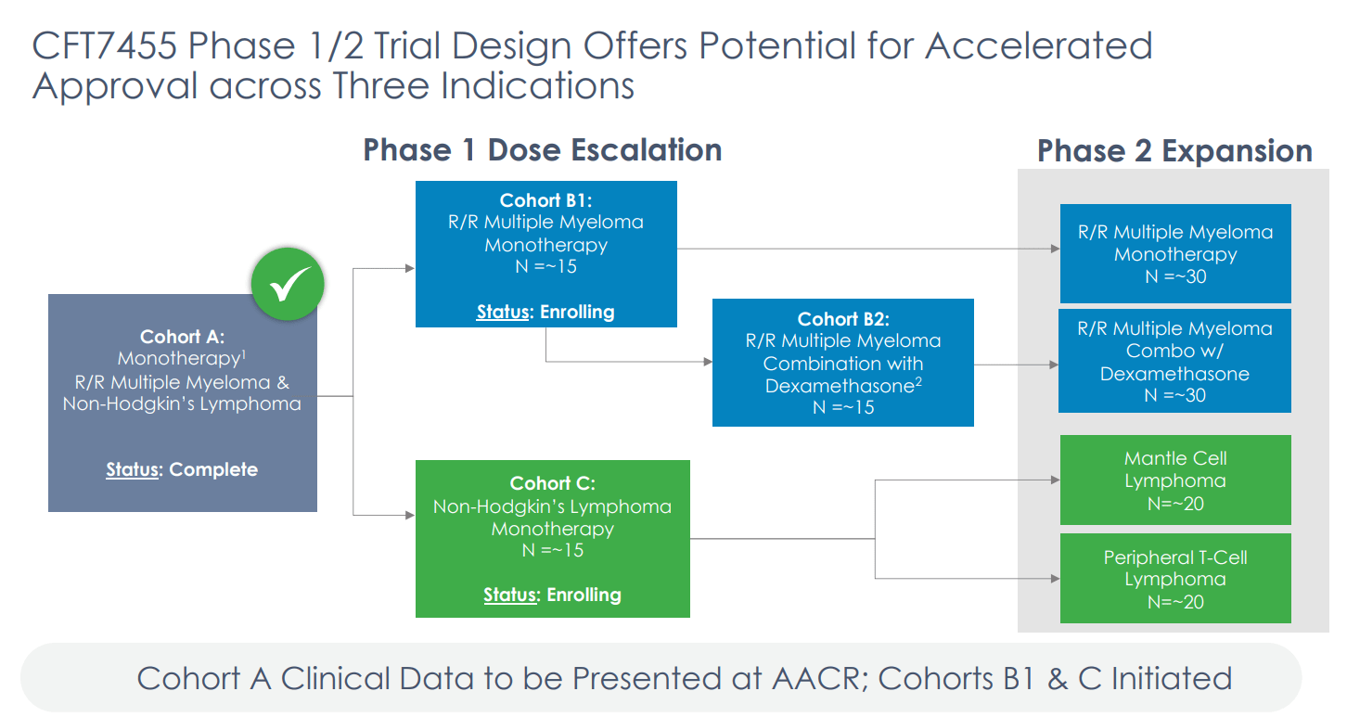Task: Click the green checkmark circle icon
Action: click(288, 284)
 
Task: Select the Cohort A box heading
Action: click(182, 337)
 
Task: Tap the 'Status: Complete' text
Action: click(182, 469)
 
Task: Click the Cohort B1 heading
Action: click(545, 200)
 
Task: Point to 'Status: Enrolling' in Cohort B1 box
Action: click(545, 312)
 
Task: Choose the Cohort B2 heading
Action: click(842, 319)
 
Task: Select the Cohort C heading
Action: click(552, 483)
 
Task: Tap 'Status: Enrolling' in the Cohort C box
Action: click(552, 595)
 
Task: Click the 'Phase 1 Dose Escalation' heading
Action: click(542, 150)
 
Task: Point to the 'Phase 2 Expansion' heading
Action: click(1174, 151)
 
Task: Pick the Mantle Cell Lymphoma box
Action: click(1175, 480)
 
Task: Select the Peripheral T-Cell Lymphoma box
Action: click(1175, 579)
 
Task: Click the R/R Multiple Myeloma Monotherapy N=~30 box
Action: click(1175, 253)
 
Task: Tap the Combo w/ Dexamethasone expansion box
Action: click(1175, 361)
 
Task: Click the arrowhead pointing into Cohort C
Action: click(409, 514)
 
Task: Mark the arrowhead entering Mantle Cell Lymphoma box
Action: click(1054, 480)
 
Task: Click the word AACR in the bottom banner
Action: click(817, 678)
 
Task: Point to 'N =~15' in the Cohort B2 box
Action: click(842, 407)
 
